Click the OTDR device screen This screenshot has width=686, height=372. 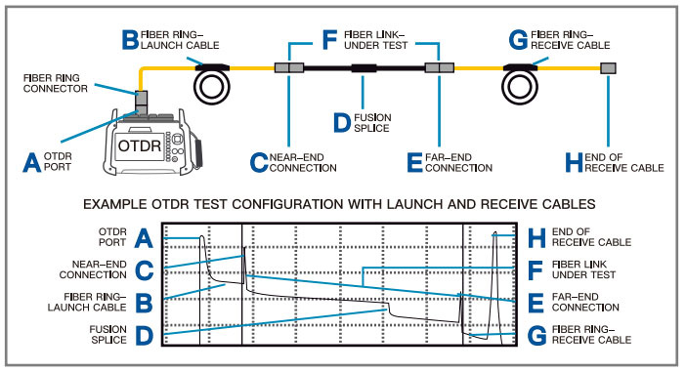coord(140,146)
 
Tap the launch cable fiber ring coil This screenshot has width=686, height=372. coord(212,87)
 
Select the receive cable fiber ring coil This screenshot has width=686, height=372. coord(519,87)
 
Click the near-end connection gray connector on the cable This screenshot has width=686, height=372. coord(289,67)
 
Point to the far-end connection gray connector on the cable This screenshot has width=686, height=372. coord(439,67)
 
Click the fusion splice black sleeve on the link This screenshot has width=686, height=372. coord(364,67)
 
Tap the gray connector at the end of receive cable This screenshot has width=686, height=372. coord(608,67)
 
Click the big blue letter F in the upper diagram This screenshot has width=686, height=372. coord(329,40)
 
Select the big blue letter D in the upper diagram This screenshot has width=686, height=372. coord(342,123)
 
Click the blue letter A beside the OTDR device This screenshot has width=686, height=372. coord(32,163)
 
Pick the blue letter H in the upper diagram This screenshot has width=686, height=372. coord(574,163)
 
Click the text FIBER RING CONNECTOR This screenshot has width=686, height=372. coord(56,83)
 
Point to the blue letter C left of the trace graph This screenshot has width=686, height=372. coord(144,270)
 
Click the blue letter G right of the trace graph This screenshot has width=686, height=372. coord(536,335)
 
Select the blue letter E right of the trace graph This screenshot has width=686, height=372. coord(536,303)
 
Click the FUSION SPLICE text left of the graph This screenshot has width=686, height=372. coord(108,334)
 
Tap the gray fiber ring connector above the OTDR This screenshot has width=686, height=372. coord(141,102)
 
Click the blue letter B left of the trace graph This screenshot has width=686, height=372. coord(144,303)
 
